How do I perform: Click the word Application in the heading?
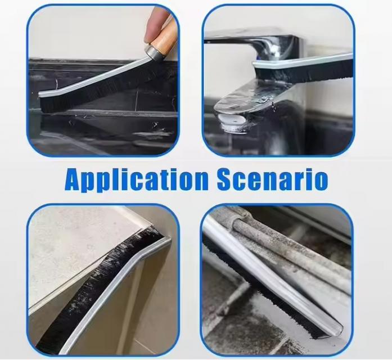(x=137, y=180)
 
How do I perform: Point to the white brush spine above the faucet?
(x=303, y=62)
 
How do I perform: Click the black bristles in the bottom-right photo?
(x=263, y=287)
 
